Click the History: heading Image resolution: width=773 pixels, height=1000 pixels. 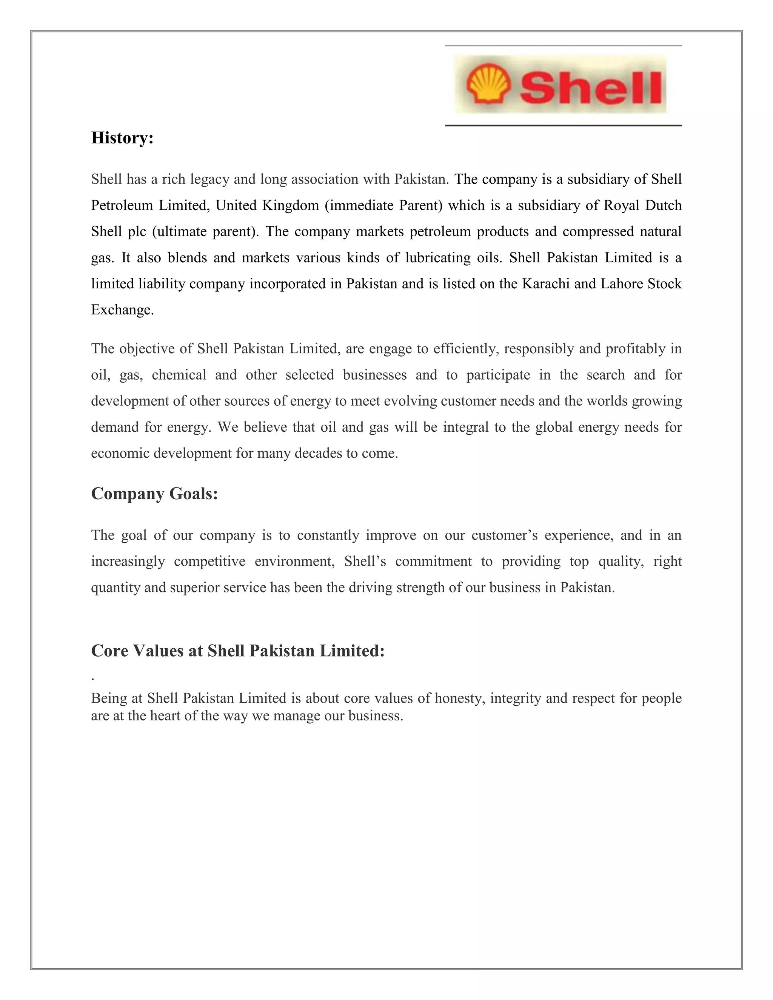[x=122, y=137]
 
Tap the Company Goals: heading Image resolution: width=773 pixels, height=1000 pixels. [x=154, y=494]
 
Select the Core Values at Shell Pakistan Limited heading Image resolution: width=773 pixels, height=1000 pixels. [x=238, y=651]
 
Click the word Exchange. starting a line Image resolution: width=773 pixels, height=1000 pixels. [x=122, y=310]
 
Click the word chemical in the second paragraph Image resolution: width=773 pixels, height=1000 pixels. [x=179, y=375]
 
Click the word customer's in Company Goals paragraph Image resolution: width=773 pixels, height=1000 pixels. [x=504, y=535]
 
